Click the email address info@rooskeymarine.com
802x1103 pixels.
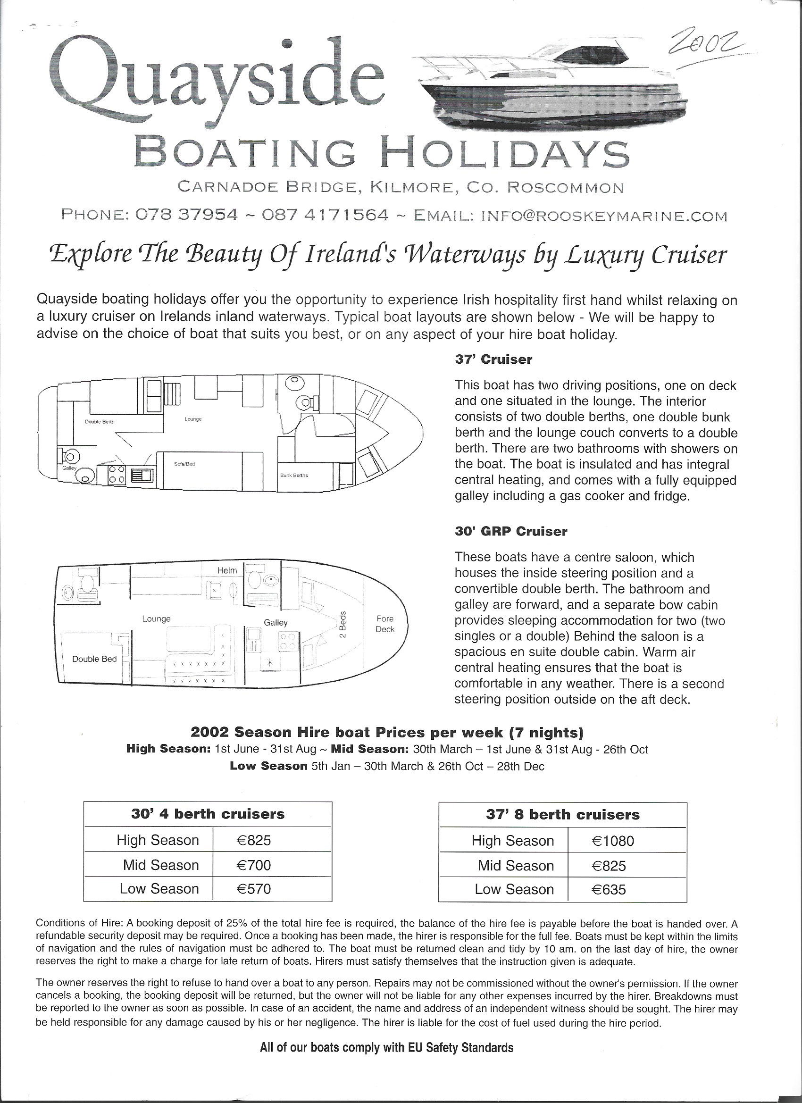point(603,216)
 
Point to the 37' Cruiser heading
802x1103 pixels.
point(493,360)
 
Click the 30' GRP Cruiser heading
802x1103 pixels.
point(510,532)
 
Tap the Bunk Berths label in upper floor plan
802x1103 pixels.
point(294,475)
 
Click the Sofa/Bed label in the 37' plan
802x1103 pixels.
point(184,464)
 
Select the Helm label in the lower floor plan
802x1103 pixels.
point(227,570)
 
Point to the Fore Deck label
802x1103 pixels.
point(385,624)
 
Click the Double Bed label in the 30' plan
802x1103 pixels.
point(94,659)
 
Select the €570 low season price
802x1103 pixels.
point(253,888)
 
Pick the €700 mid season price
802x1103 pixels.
point(253,865)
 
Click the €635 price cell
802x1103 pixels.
point(609,889)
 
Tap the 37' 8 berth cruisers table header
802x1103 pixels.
point(562,815)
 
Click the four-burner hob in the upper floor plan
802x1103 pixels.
point(117,474)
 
